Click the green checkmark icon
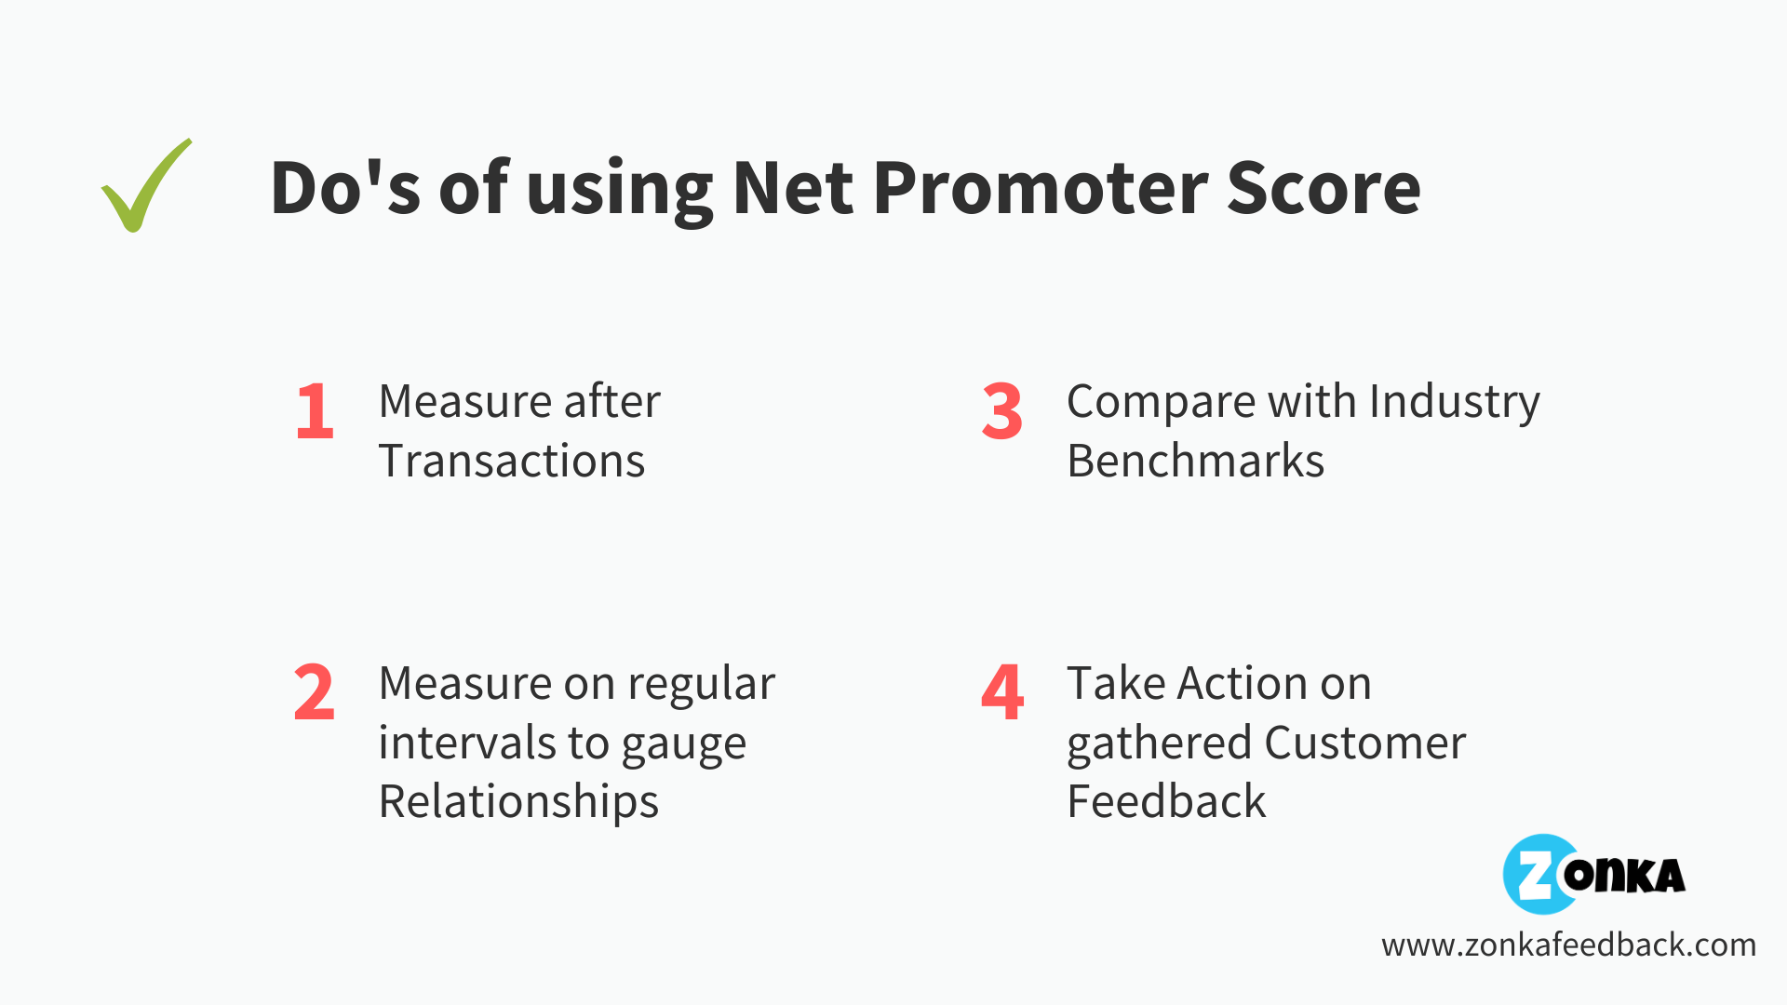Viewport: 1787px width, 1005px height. click(x=146, y=186)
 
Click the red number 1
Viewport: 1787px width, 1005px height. click(x=315, y=411)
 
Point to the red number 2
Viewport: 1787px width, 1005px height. click(x=314, y=693)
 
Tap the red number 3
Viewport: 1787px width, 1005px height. click(x=1001, y=411)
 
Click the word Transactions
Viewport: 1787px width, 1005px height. click(x=511, y=462)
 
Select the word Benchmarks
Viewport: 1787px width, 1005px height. click(x=1195, y=462)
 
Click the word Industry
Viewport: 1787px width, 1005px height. click(x=1454, y=403)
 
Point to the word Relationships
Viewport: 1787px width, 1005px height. click(x=518, y=802)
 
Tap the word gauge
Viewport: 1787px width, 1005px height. click(x=683, y=744)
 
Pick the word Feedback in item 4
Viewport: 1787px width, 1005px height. click(x=1166, y=802)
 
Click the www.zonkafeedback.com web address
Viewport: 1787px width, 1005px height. click(x=1568, y=945)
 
